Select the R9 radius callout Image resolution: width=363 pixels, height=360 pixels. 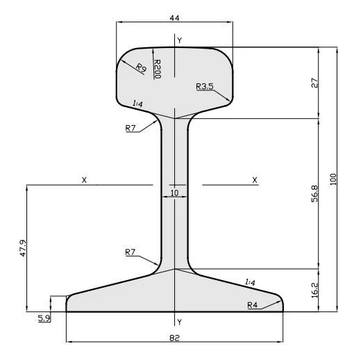tap(140, 67)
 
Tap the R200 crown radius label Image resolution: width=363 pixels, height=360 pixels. tap(157, 68)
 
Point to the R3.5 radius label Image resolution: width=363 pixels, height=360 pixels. tap(205, 86)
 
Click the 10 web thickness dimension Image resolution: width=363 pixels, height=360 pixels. tap(174, 193)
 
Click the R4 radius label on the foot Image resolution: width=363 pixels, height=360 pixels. tap(253, 304)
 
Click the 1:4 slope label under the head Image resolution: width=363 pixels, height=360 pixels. tap(137, 104)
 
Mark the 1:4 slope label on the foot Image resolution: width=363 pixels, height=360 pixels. tap(250, 281)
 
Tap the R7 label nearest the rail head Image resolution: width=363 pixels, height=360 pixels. tap(130, 128)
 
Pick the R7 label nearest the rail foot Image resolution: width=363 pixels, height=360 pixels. tap(130, 252)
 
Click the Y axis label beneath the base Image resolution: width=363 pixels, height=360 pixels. tap(180, 322)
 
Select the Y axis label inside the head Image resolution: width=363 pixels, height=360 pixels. tap(180, 41)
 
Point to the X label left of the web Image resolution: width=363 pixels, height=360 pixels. tap(84, 180)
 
